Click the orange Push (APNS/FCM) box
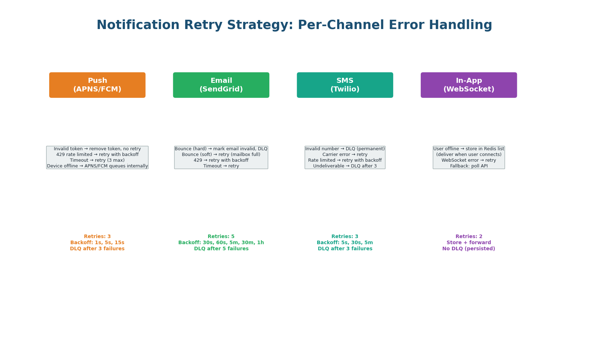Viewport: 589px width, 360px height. click(x=97, y=85)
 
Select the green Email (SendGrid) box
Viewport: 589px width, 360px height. click(x=221, y=85)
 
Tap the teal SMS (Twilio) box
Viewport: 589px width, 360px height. click(x=345, y=85)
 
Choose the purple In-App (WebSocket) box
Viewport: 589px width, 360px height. click(x=468, y=85)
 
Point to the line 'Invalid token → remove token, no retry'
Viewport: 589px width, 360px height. click(x=97, y=149)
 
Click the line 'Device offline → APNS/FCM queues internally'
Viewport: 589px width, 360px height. click(x=97, y=166)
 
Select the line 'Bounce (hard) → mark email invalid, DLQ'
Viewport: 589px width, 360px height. click(x=221, y=149)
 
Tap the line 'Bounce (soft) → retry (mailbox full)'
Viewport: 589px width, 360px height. click(x=221, y=155)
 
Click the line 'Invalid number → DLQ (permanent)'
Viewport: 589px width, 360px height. click(x=345, y=149)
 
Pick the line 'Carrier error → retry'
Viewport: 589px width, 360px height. click(x=345, y=155)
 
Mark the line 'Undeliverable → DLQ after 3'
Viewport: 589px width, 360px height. click(x=345, y=166)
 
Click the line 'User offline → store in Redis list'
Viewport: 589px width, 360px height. click(x=468, y=149)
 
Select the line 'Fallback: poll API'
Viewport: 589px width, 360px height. click(x=468, y=166)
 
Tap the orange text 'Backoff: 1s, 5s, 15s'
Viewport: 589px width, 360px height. click(x=97, y=243)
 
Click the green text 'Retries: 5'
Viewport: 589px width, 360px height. click(x=221, y=237)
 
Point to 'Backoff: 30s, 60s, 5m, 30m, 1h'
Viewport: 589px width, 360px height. click(x=221, y=243)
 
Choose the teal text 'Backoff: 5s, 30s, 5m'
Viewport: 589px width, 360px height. click(x=345, y=243)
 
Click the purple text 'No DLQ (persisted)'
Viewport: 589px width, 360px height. click(x=468, y=249)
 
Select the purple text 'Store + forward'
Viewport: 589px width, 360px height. click(x=468, y=243)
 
